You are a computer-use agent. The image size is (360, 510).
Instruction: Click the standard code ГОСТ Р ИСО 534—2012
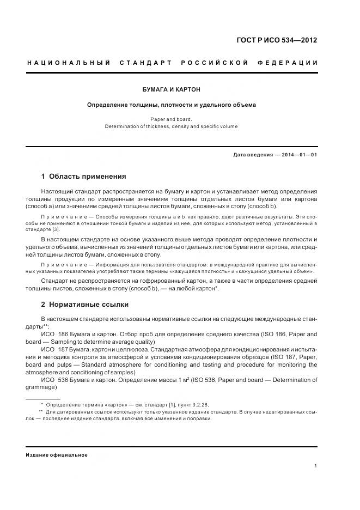tap(277, 40)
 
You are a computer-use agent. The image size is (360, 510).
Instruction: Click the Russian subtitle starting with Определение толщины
tap(172, 105)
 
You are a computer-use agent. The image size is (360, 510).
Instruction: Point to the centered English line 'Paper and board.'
tap(172, 118)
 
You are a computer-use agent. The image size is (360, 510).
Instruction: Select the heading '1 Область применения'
tap(83, 177)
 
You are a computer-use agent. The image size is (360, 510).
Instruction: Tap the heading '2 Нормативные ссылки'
tap(84, 304)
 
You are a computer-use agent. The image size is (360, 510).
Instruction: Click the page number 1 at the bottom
tap(316, 466)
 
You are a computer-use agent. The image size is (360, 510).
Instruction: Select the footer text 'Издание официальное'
tap(57, 454)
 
